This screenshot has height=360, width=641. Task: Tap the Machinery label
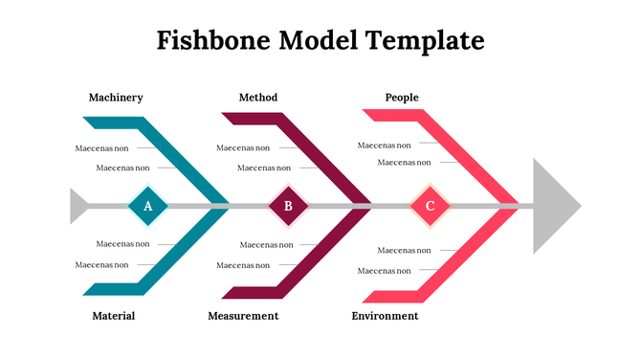tap(116, 98)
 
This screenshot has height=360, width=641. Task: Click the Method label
tap(258, 98)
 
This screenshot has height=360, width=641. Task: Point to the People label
tap(402, 98)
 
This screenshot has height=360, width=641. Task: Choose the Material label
tap(113, 316)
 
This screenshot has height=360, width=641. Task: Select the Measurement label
tap(243, 316)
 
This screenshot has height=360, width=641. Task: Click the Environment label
tap(385, 316)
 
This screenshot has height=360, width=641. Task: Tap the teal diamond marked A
tap(147, 206)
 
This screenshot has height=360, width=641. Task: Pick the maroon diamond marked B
tap(288, 206)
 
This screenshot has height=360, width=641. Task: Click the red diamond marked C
tap(430, 206)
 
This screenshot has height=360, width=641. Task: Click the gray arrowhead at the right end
tap(554, 206)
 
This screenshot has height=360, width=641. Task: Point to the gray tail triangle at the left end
tap(78, 206)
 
